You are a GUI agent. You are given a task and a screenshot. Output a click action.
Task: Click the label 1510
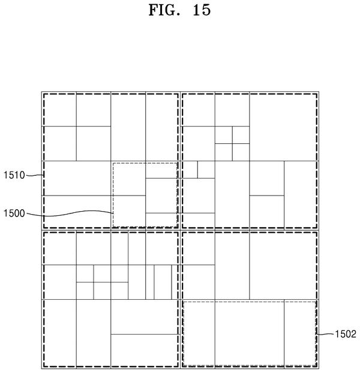(14, 175)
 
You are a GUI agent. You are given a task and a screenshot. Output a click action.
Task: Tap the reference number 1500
(14, 213)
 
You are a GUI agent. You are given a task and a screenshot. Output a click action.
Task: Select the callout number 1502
(346, 334)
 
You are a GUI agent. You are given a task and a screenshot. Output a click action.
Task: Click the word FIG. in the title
(164, 10)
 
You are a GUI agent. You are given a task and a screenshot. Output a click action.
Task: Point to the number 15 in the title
(202, 10)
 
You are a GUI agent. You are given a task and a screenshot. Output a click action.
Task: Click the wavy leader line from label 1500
(70, 213)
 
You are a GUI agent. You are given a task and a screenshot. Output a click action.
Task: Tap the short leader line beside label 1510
(35, 176)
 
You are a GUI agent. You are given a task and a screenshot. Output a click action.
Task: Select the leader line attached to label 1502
(325, 334)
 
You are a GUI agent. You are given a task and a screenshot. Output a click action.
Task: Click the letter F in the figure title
(154, 10)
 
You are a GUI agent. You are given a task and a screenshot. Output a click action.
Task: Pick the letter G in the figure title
(170, 10)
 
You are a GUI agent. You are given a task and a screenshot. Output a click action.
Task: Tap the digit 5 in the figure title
(206, 10)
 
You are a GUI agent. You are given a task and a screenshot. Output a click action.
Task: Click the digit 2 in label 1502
(353, 334)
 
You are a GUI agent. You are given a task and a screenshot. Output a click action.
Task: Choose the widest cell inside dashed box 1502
(250, 333)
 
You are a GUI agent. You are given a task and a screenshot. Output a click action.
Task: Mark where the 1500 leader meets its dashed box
(113, 213)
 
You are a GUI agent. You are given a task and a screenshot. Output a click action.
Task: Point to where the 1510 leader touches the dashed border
(44, 175)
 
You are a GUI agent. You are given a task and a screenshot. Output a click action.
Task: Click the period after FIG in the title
(178, 15)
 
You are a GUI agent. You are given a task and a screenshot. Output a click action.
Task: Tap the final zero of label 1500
(22, 213)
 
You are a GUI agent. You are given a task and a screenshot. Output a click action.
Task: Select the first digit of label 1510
(5, 175)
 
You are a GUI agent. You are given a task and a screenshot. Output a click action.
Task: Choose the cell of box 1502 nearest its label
(300, 333)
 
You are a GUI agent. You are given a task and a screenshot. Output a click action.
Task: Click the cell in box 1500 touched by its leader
(128, 212)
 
